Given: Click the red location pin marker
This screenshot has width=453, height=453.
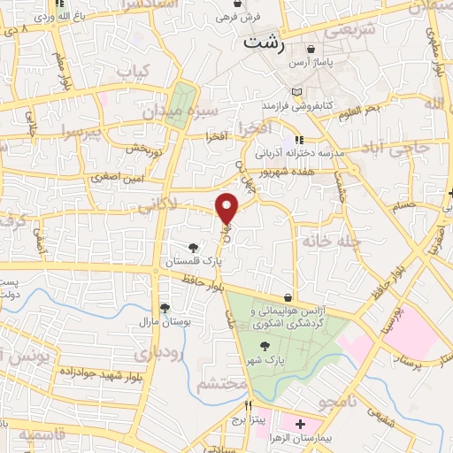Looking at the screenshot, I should point(228,208).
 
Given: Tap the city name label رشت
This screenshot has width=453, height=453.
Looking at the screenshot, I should point(265,42).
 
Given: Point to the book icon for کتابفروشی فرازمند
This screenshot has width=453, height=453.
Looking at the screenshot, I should point(296,92).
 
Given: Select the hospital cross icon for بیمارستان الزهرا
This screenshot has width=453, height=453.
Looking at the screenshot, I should point(301,425).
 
